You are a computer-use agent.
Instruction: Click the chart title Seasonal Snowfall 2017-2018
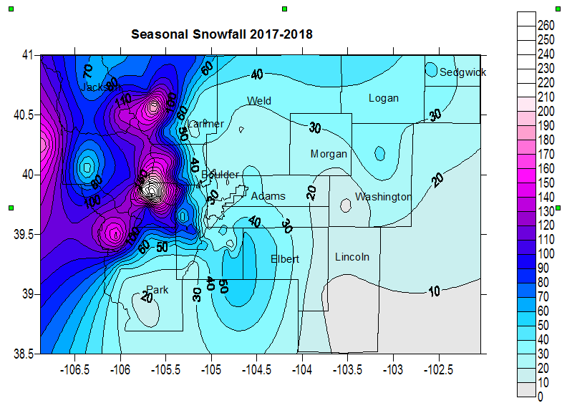tap(222, 34)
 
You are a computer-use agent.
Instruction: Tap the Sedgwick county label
tap(462, 72)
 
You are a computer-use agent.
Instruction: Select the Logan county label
tap(383, 98)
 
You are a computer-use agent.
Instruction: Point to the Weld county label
tap(258, 101)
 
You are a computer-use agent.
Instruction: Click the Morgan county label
tap(329, 154)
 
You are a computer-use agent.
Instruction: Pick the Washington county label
tap(383, 197)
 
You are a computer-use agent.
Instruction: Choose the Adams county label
tap(268, 196)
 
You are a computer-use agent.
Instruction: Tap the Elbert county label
tap(285, 259)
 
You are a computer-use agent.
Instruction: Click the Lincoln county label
tap(352, 257)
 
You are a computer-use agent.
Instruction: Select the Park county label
tap(157, 290)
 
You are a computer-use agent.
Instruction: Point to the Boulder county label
tap(220, 175)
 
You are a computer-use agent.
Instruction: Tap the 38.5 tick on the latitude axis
tap(25, 354)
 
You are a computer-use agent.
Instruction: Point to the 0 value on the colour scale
tap(541, 397)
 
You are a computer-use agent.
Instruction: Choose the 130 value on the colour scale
tap(546, 211)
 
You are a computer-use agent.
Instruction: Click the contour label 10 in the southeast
tap(435, 292)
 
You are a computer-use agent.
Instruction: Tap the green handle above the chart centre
tap(285, 9)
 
